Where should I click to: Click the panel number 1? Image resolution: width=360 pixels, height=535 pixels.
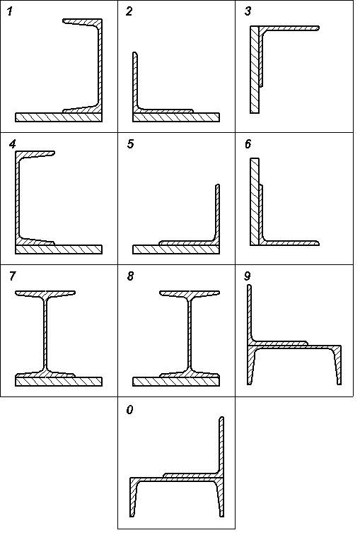(x=10, y=11)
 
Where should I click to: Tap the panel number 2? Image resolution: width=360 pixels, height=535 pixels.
(x=129, y=11)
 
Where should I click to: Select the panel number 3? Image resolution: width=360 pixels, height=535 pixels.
(x=248, y=11)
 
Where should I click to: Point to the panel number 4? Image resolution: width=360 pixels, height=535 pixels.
(x=12, y=144)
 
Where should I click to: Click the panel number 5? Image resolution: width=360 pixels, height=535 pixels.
(x=130, y=144)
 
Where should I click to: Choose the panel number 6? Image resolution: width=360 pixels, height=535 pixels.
(x=248, y=144)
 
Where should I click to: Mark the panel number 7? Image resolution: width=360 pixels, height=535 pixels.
(x=12, y=276)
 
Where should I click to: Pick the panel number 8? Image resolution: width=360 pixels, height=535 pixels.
(x=130, y=276)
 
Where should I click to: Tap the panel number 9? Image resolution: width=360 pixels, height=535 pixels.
(x=248, y=276)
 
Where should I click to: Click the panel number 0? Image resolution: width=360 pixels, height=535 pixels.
(x=129, y=409)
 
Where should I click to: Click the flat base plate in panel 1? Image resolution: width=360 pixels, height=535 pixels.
(x=59, y=117)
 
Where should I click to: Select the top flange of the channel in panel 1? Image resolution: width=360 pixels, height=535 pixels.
(x=82, y=22)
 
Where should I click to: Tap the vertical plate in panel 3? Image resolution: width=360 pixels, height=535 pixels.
(x=255, y=69)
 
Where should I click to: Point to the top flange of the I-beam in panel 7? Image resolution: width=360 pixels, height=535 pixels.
(x=45, y=293)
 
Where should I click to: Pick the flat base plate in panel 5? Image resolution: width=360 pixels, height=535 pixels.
(x=176, y=249)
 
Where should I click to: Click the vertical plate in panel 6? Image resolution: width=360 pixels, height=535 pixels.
(x=255, y=201)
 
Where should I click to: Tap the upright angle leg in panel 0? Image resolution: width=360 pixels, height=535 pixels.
(x=221, y=445)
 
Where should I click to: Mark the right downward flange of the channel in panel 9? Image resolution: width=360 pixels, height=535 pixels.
(x=337, y=365)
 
